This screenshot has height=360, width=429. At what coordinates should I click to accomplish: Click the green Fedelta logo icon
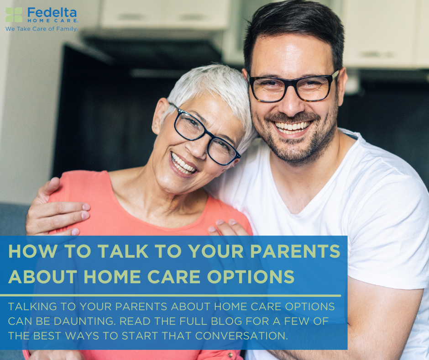click(14, 15)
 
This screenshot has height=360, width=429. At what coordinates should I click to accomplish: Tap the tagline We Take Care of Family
click(42, 28)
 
